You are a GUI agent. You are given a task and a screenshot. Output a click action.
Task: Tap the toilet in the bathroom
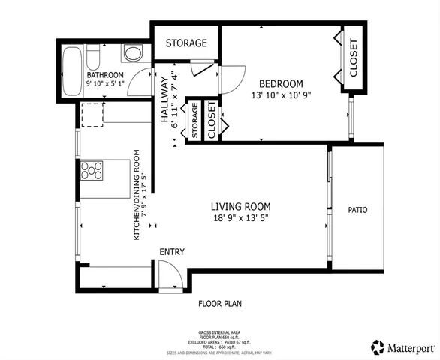pyautogui.click(x=93, y=57)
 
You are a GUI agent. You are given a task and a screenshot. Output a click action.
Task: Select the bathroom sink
pyautogui.click(x=131, y=53)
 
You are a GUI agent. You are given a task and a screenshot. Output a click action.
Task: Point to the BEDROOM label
pyautogui.click(x=281, y=83)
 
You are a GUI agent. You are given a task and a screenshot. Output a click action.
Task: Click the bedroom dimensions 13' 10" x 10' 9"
pyautogui.click(x=281, y=95)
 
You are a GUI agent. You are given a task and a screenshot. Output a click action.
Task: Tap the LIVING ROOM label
pyautogui.click(x=240, y=206)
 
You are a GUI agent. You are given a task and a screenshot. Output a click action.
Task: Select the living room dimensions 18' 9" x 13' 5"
pyautogui.click(x=240, y=219)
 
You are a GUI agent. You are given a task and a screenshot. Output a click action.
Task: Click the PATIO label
pyautogui.click(x=357, y=210)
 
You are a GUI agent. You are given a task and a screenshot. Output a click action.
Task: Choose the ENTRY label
pyautogui.click(x=170, y=252)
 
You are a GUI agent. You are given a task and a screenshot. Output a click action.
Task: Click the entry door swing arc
pyautogui.click(x=171, y=271)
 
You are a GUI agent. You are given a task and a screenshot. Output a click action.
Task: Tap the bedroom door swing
pyautogui.click(x=233, y=76)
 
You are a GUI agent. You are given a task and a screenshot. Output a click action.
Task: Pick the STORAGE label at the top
pyautogui.click(x=186, y=43)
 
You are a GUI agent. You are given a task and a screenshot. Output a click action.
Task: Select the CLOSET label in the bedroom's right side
pyautogui.click(x=353, y=58)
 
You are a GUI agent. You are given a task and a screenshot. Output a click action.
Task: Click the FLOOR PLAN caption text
pyautogui.click(x=219, y=304)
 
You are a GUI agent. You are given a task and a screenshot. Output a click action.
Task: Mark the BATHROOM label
pyautogui.click(x=104, y=75)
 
